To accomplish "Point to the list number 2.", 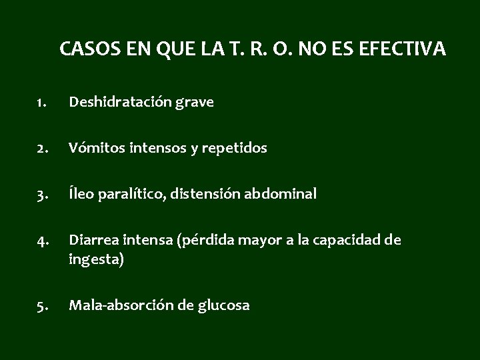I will click(x=41, y=149).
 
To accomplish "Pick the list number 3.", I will click(x=41, y=195).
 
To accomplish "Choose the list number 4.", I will click(x=41, y=241).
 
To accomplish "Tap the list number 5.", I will click(x=41, y=306).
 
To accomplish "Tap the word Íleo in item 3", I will click(x=81, y=195).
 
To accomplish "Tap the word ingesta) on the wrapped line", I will click(x=95, y=261).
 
